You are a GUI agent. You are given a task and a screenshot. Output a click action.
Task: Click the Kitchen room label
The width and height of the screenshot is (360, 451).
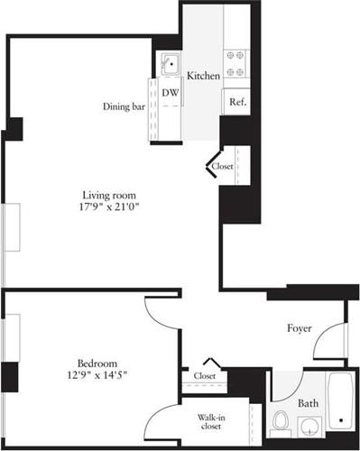coord(204,77)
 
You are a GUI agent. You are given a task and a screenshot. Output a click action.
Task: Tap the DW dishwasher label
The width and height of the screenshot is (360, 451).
coord(169,92)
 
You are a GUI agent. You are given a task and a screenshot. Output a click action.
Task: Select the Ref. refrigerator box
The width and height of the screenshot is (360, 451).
coord(238,102)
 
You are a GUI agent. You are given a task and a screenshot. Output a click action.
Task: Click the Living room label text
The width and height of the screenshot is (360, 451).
coord(111,194)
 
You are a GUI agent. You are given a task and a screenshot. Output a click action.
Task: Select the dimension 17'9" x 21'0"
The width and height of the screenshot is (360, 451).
coord(111,207)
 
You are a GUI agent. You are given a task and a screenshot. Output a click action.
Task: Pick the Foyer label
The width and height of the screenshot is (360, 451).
coord(300,328)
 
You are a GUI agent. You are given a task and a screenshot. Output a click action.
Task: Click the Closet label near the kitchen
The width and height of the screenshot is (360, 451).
coord(222,167)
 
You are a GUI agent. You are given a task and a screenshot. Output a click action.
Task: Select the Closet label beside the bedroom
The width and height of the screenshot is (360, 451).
coord(205,375)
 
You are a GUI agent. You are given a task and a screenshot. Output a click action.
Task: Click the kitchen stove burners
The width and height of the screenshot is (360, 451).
coord(235,62)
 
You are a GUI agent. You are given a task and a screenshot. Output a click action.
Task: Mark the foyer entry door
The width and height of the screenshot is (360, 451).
coord(335,338)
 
